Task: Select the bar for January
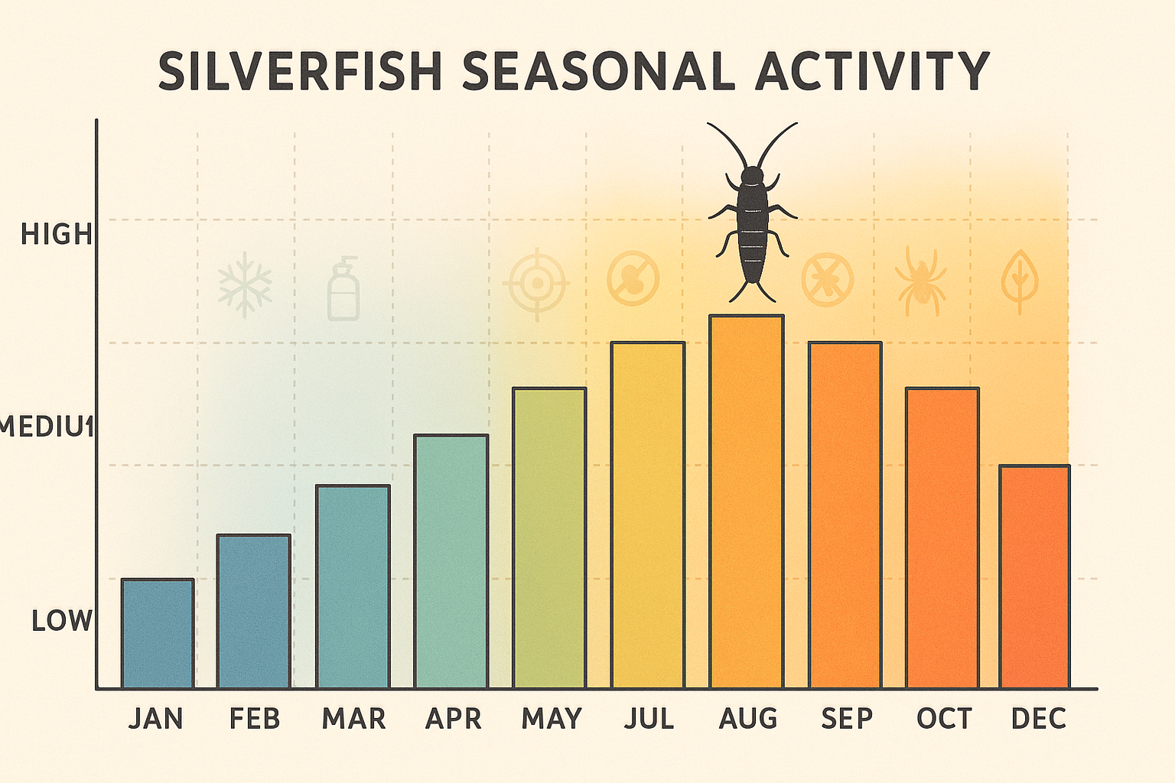point(158,633)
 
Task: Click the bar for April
point(451,561)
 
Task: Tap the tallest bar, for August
point(747,502)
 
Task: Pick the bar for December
point(1034,577)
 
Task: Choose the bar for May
point(549,538)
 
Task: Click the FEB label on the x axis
point(255,719)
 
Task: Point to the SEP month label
point(847,719)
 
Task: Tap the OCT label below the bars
point(944,719)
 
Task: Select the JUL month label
point(649,719)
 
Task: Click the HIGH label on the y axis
point(56,234)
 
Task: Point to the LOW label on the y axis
point(61,621)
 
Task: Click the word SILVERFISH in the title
point(301,72)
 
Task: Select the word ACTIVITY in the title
point(872,72)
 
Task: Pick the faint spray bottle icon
point(343,289)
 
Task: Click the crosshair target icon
point(537,284)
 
